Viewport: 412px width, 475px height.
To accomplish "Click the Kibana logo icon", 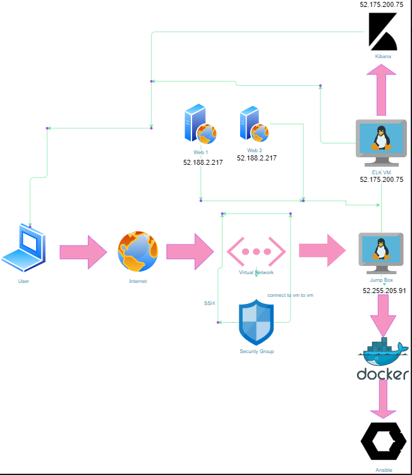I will [x=383, y=32].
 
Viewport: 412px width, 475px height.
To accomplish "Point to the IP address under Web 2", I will [x=257, y=159].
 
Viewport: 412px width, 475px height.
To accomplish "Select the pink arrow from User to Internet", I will [x=83, y=252].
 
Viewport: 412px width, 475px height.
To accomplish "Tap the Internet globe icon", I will [x=138, y=251].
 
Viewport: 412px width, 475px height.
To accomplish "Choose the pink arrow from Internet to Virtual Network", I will [x=190, y=251].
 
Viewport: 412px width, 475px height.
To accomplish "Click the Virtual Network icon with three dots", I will [x=256, y=251].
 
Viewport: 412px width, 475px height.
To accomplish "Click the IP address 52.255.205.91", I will [x=384, y=291].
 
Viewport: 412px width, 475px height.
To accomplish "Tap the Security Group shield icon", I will [x=256, y=323].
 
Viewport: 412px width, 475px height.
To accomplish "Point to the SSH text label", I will [x=209, y=304].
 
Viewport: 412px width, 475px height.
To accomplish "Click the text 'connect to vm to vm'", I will [x=290, y=295].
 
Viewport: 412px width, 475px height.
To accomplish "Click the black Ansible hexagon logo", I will [x=384, y=441].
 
